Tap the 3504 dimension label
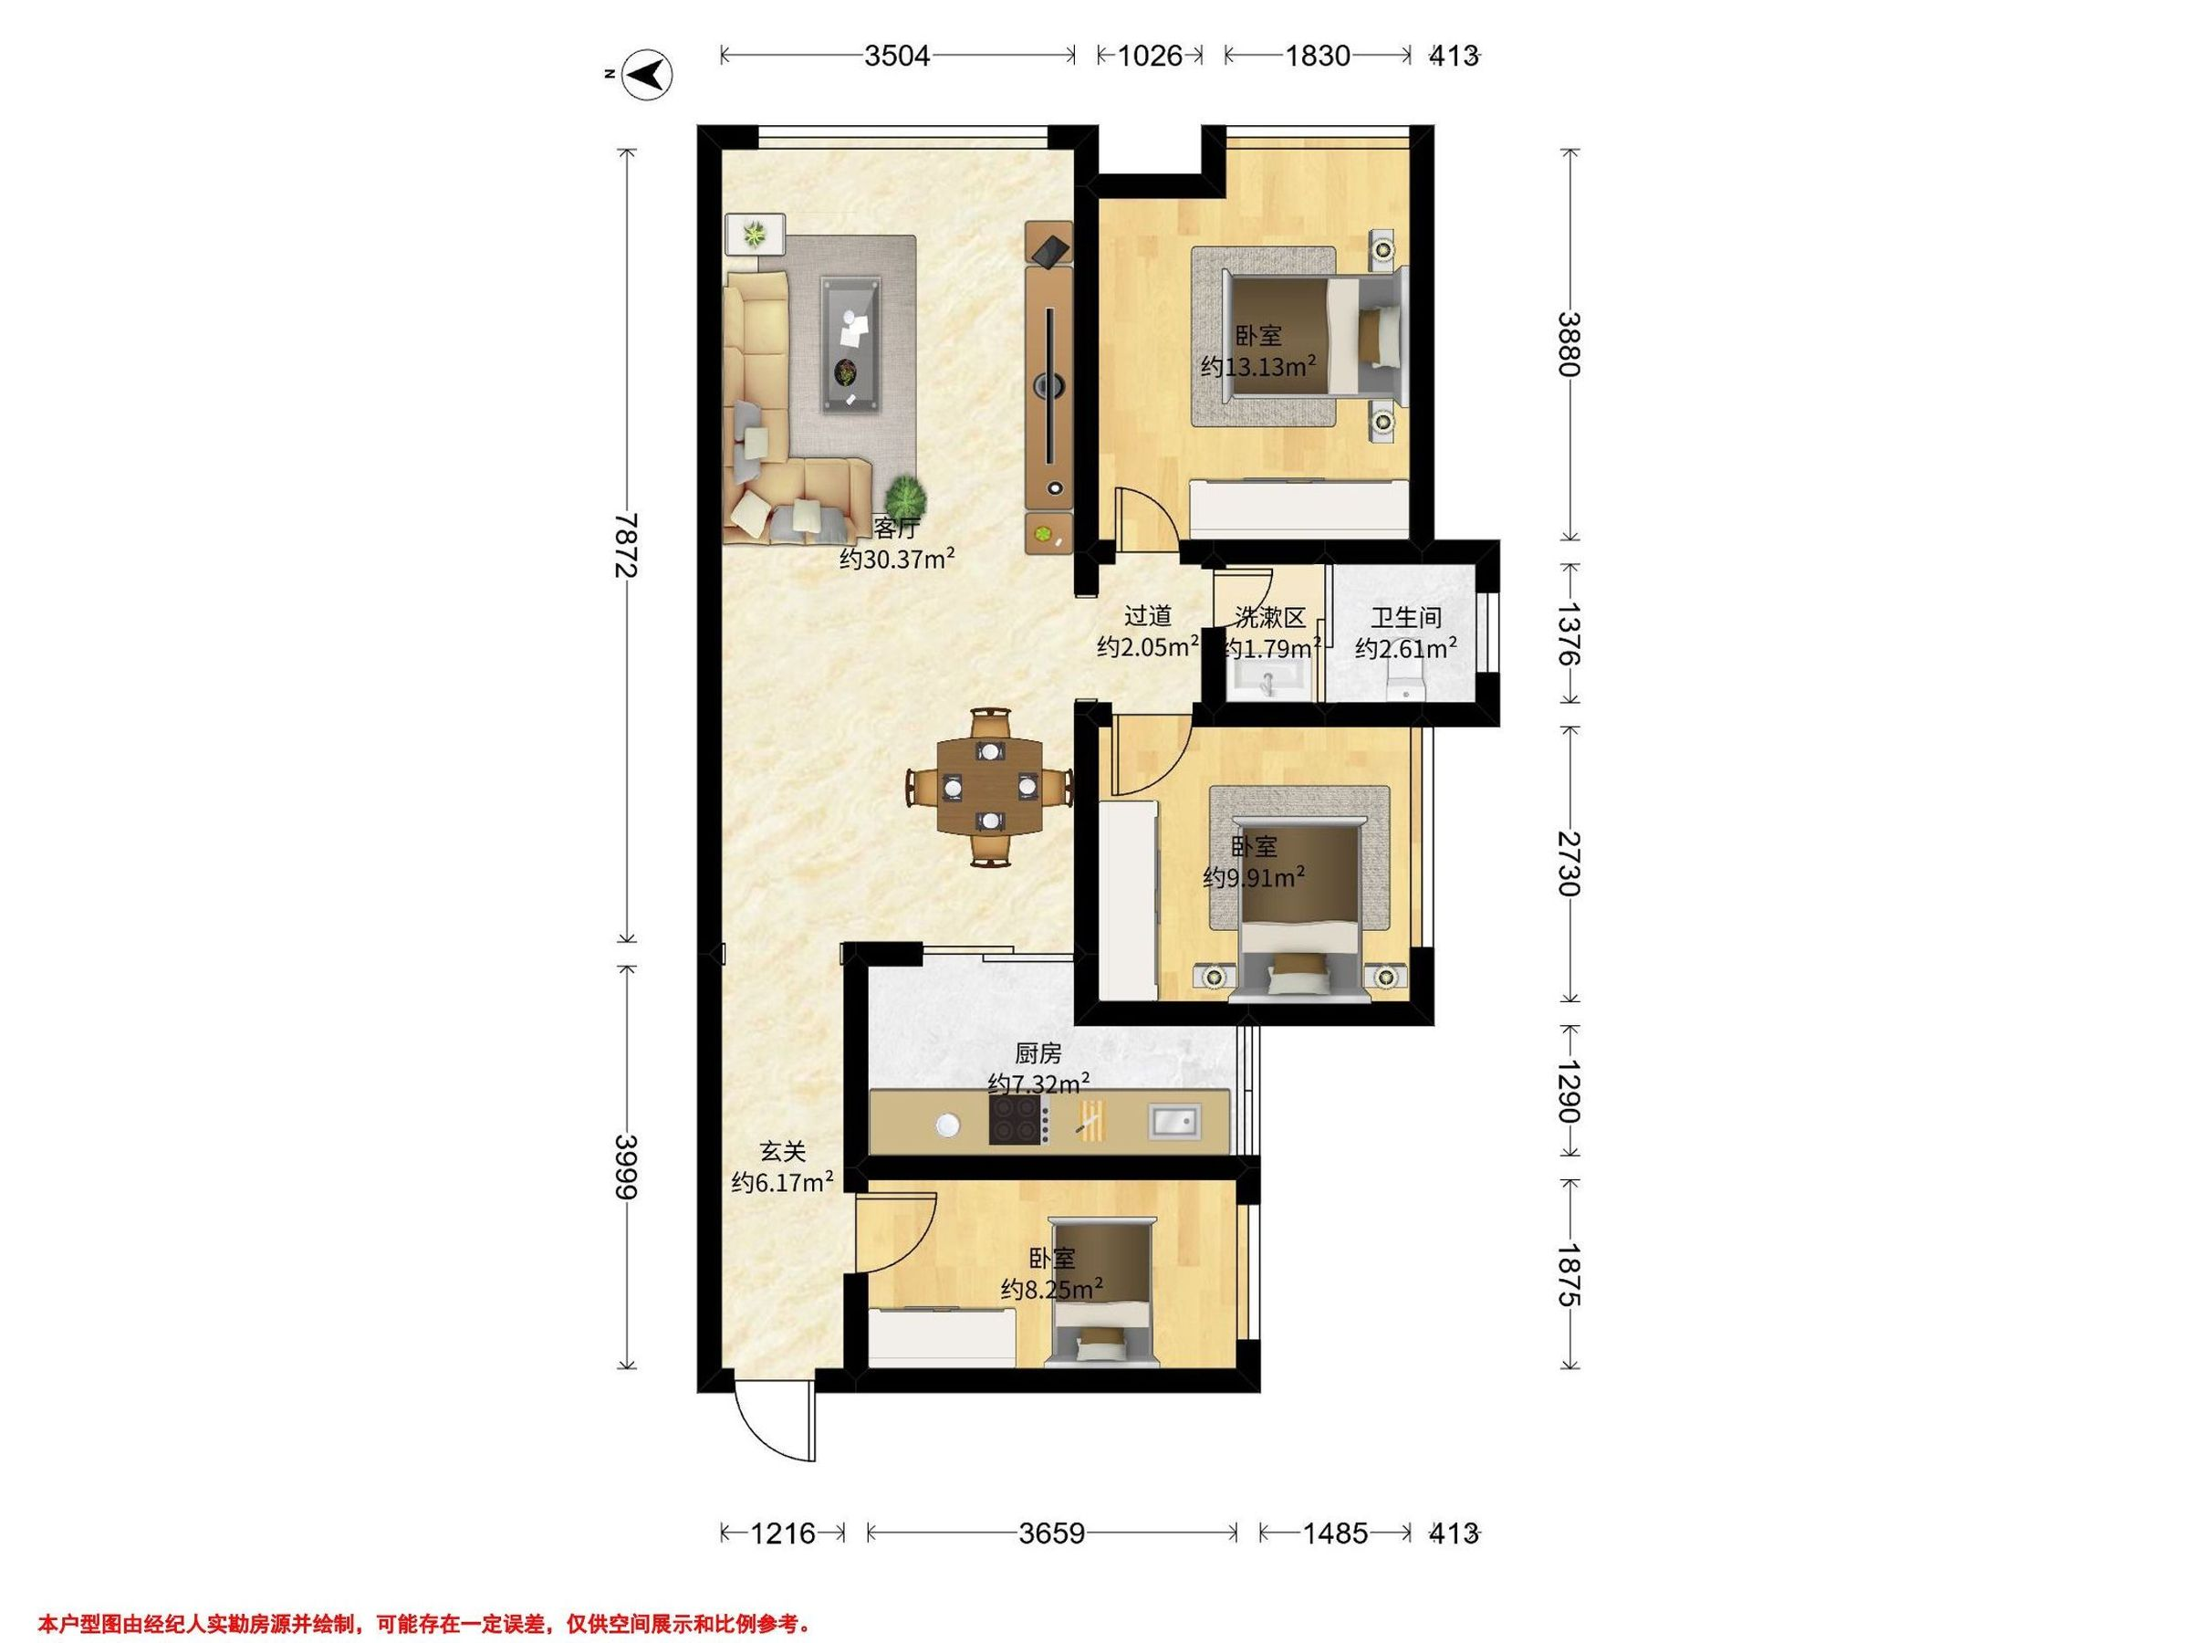897,56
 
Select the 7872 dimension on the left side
625,546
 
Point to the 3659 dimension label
1052,1533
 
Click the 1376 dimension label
1569,633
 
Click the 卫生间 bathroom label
1406,618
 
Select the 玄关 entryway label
782,1152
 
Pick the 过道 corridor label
1148,616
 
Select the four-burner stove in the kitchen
1018,1121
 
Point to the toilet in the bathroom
1404,684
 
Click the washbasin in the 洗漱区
1268,680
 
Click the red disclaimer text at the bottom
426,1623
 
